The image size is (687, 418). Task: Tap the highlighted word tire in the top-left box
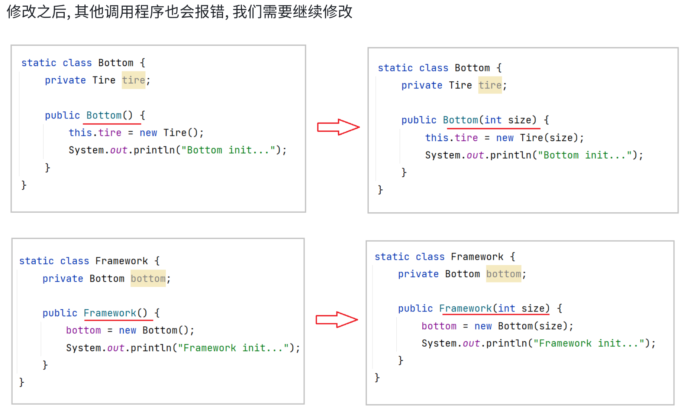[133, 80]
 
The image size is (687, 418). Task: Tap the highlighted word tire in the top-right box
[490, 85]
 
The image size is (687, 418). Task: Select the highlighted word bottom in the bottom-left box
[148, 278]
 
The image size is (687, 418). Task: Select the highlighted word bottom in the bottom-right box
[503, 274]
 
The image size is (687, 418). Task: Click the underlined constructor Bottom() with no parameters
[109, 115]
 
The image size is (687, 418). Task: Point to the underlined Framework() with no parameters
[115, 313]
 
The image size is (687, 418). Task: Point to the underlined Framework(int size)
[494, 308]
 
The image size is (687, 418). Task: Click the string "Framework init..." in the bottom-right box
[589, 343]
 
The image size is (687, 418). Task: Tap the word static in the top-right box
[395, 68]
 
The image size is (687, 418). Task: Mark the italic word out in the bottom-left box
[116, 348]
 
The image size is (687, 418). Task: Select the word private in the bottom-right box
[418, 274]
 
